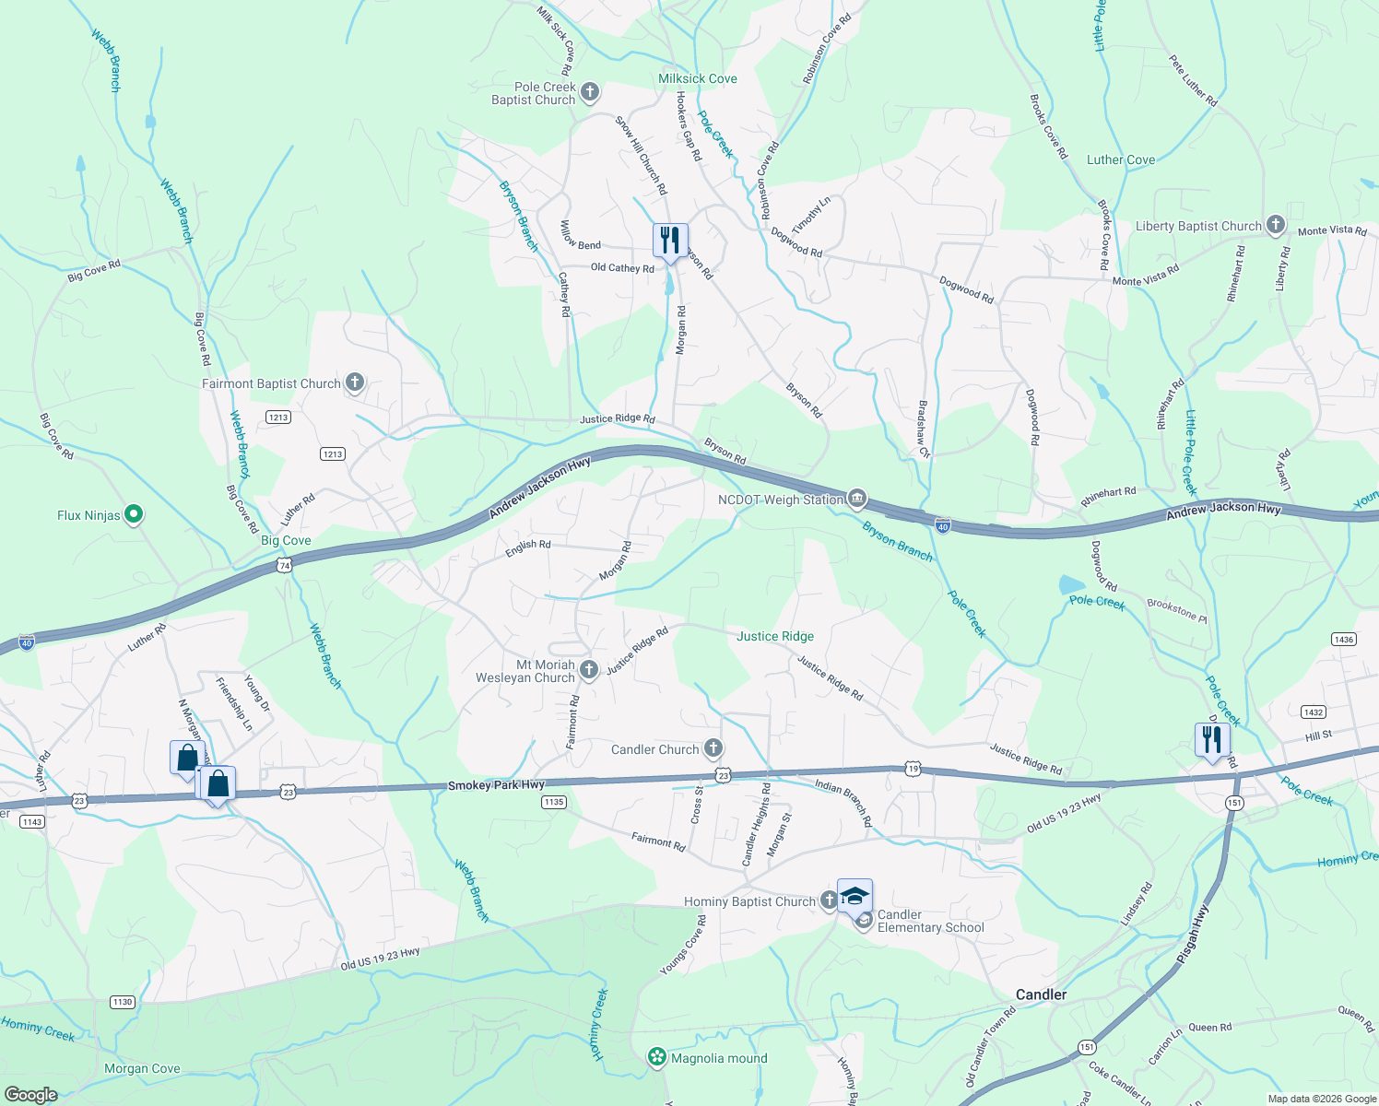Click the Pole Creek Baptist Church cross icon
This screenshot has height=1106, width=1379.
(x=590, y=92)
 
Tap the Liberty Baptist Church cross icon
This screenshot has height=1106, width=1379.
(x=1275, y=224)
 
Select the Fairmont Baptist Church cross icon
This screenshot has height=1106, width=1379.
(x=355, y=382)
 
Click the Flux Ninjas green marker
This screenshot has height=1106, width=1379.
(x=134, y=514)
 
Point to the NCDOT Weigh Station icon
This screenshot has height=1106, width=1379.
(x=857, y=499)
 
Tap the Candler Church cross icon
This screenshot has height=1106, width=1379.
(x=713, y=747)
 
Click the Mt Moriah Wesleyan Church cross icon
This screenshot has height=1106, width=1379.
(x=589, y=670)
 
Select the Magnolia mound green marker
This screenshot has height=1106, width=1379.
(x=657, y=1057)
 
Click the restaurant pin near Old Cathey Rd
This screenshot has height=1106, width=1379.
(x=670, y=241)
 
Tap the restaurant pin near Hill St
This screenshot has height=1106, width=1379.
(x=1212, y=740)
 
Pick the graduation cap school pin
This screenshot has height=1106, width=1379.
(x=855, y=897)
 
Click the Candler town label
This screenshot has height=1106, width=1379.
(x=1041, y=994)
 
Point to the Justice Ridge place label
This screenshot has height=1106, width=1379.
(x=774, y=636)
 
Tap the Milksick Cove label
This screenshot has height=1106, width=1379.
(x=697, y=78)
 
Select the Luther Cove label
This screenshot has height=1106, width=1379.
(x=1120, y=159)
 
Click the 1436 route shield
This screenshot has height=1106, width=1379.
(x=1343, y=640)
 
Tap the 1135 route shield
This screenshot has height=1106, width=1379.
(x=553, y=802)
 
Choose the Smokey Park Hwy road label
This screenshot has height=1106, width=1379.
(x=496, y=785)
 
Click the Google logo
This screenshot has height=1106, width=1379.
(x=30, y=1094)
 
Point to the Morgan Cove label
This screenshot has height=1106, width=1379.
(x=142, y=1068)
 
